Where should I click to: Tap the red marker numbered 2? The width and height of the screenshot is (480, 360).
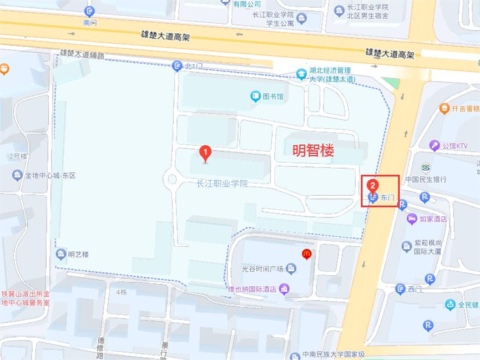373,185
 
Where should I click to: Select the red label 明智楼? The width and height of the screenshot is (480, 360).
313,150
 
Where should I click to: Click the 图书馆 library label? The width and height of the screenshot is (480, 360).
272,97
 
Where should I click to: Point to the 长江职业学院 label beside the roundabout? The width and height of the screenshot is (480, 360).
222,184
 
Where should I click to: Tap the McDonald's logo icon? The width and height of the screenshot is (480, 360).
306,254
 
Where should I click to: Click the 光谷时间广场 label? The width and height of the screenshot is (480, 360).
262,269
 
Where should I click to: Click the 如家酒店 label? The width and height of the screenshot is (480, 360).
433,219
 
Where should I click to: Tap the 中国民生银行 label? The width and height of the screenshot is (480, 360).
426,179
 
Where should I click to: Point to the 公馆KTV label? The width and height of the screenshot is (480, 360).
454,146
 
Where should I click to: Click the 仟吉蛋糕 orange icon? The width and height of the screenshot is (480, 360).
444,108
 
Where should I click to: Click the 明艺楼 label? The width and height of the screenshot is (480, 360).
78,254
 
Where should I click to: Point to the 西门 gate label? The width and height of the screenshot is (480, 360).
415,289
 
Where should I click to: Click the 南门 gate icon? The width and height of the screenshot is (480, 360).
89,12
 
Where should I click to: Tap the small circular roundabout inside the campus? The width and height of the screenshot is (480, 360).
172,179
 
